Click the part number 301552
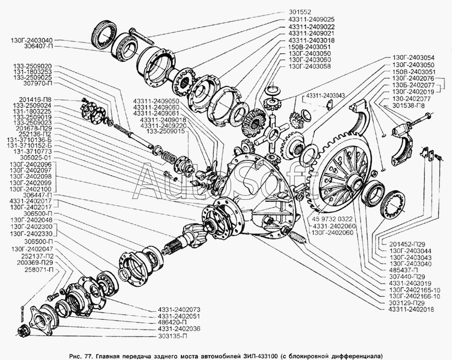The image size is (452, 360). (x=299, y=13)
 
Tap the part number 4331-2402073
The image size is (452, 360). (x=179, y=310)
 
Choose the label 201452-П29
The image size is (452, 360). (x=407, y=244)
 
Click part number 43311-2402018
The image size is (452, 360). (x=411, y=310)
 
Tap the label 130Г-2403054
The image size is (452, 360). (x=413, y=58)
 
